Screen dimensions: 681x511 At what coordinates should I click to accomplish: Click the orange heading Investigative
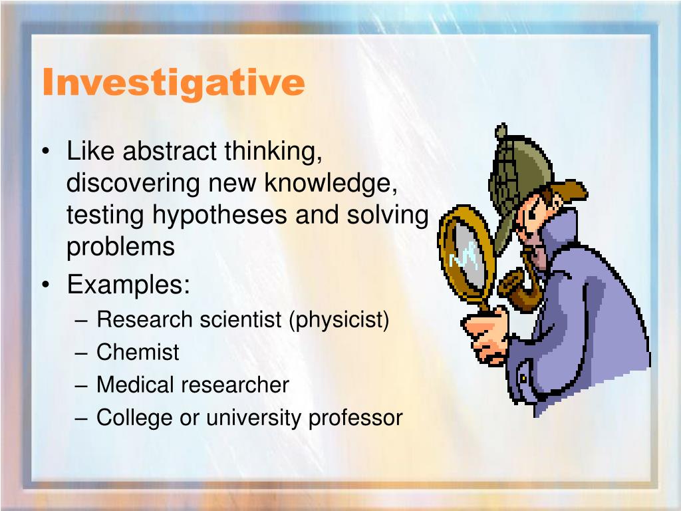(x=174, y=83)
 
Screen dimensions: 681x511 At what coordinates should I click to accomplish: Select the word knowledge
(x=331, y=183)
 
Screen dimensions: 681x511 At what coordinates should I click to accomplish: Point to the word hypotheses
(x=219, y=215)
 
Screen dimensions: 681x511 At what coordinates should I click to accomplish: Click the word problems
(x=120, y=248)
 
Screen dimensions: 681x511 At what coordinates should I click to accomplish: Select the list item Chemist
(x=137, y=352)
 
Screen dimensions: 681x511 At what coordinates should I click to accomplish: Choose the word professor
(x=356, y=418)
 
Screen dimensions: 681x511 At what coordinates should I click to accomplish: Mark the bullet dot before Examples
(x=46, y=285)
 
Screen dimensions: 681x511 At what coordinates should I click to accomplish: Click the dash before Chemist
(x=81, y=353)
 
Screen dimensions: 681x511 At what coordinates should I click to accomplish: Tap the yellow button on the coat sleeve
(x=524, y=379)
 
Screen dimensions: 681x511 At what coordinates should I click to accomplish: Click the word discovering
(x=133, y=183)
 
